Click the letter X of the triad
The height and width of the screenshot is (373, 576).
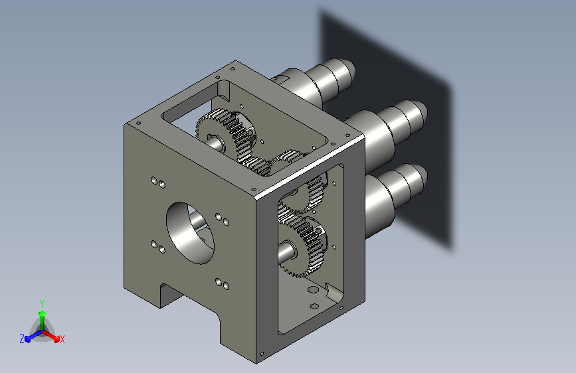tap(62, 339)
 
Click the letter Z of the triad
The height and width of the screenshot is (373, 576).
tap(22, 339)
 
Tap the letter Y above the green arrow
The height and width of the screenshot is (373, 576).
tap(42, 304)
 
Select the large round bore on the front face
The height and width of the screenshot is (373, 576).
tap(190, 233)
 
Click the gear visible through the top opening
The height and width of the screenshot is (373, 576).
tap(225, 137)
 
